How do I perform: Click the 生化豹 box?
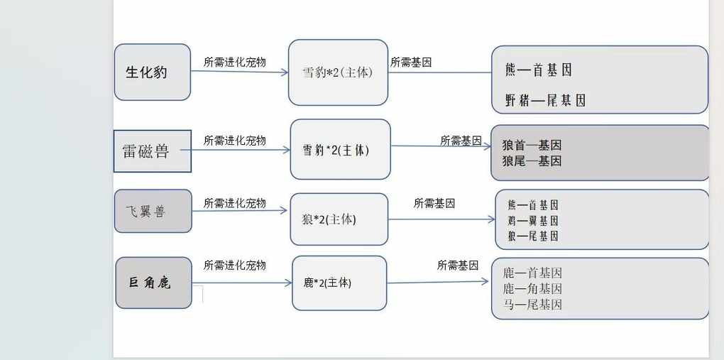coord(153,72)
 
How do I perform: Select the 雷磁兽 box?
coord(153,151)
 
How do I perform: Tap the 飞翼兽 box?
coord(153,211)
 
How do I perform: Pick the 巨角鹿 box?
coord(153,283)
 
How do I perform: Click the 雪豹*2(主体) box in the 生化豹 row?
coord(338,72)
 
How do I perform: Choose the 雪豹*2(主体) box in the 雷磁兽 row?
coord(340,150)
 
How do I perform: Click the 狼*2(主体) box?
coord(339,219)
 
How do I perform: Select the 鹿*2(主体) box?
coord(339,283)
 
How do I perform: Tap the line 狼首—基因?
coord(532,145)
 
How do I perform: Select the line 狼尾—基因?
coord(532,161)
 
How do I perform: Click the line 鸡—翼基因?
coord(532,220)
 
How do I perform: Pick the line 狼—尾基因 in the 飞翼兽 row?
coord(532,236)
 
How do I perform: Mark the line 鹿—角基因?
coord(532,289)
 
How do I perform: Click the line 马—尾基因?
coord(532,305)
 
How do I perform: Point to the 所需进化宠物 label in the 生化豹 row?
coord(234,62)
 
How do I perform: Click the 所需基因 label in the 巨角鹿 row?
coord(458,265)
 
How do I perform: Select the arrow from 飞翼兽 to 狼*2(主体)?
coord(241,212)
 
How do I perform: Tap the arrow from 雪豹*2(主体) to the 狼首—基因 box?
coord(440,146)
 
